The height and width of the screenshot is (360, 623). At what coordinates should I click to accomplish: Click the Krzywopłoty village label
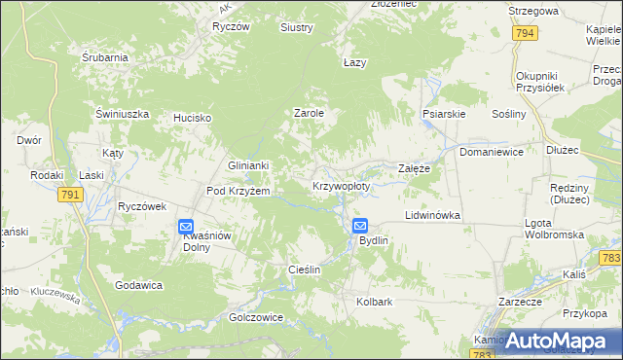click(341, 185)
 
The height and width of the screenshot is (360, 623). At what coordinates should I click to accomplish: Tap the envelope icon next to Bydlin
click(360, 225)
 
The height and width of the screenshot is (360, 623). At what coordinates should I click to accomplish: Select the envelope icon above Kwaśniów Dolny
click(186, 228)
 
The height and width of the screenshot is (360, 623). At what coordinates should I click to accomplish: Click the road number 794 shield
click(525, 33)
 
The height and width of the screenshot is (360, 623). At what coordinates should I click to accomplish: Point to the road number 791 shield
click(70, 196)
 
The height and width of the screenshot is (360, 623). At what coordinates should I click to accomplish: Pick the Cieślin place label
click(305, 269)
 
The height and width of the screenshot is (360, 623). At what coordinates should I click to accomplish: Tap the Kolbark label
click(374, 302)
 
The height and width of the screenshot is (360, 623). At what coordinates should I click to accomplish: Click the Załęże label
click(415, 168)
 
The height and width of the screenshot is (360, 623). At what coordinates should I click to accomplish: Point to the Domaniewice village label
click(492, 153)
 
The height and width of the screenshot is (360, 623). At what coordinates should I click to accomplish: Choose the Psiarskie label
click(444, 114)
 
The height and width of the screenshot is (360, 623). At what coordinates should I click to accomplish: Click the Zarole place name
click(309, 113)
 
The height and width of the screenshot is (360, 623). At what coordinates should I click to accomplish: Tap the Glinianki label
click(247, 166)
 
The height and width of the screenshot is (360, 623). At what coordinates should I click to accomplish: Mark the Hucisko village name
click(193, 118)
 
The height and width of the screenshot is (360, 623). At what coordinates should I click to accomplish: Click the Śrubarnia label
click(105, 57)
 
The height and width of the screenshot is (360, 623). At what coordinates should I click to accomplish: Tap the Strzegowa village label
click(533, 11)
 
